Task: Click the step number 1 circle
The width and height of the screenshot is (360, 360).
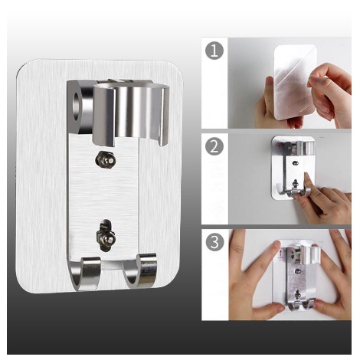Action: [214, 51]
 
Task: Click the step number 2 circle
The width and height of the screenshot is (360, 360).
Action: [214, 146]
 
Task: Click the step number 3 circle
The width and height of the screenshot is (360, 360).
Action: [214, 241]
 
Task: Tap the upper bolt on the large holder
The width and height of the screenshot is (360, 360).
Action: [105, 159]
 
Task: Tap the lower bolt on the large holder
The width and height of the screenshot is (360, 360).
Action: [106, 234]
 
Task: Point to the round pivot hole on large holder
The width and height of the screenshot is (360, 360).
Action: [77, 106]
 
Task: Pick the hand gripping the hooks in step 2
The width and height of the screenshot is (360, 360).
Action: [324, 199]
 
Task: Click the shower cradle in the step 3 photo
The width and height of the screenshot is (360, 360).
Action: [310, 255]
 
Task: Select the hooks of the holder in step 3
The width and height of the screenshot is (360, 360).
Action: [302, 306]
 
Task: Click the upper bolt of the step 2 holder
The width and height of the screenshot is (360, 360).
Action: [296, 162]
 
